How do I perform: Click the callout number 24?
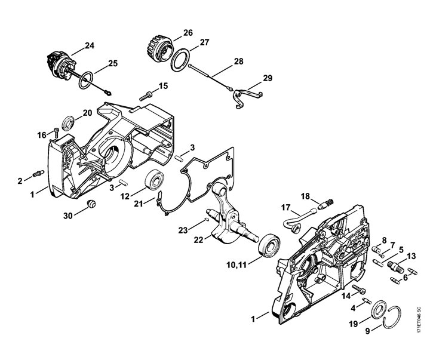tap(90, 45)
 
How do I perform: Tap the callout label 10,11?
tap(236, 265)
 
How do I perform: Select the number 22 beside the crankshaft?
tap(198, 239)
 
